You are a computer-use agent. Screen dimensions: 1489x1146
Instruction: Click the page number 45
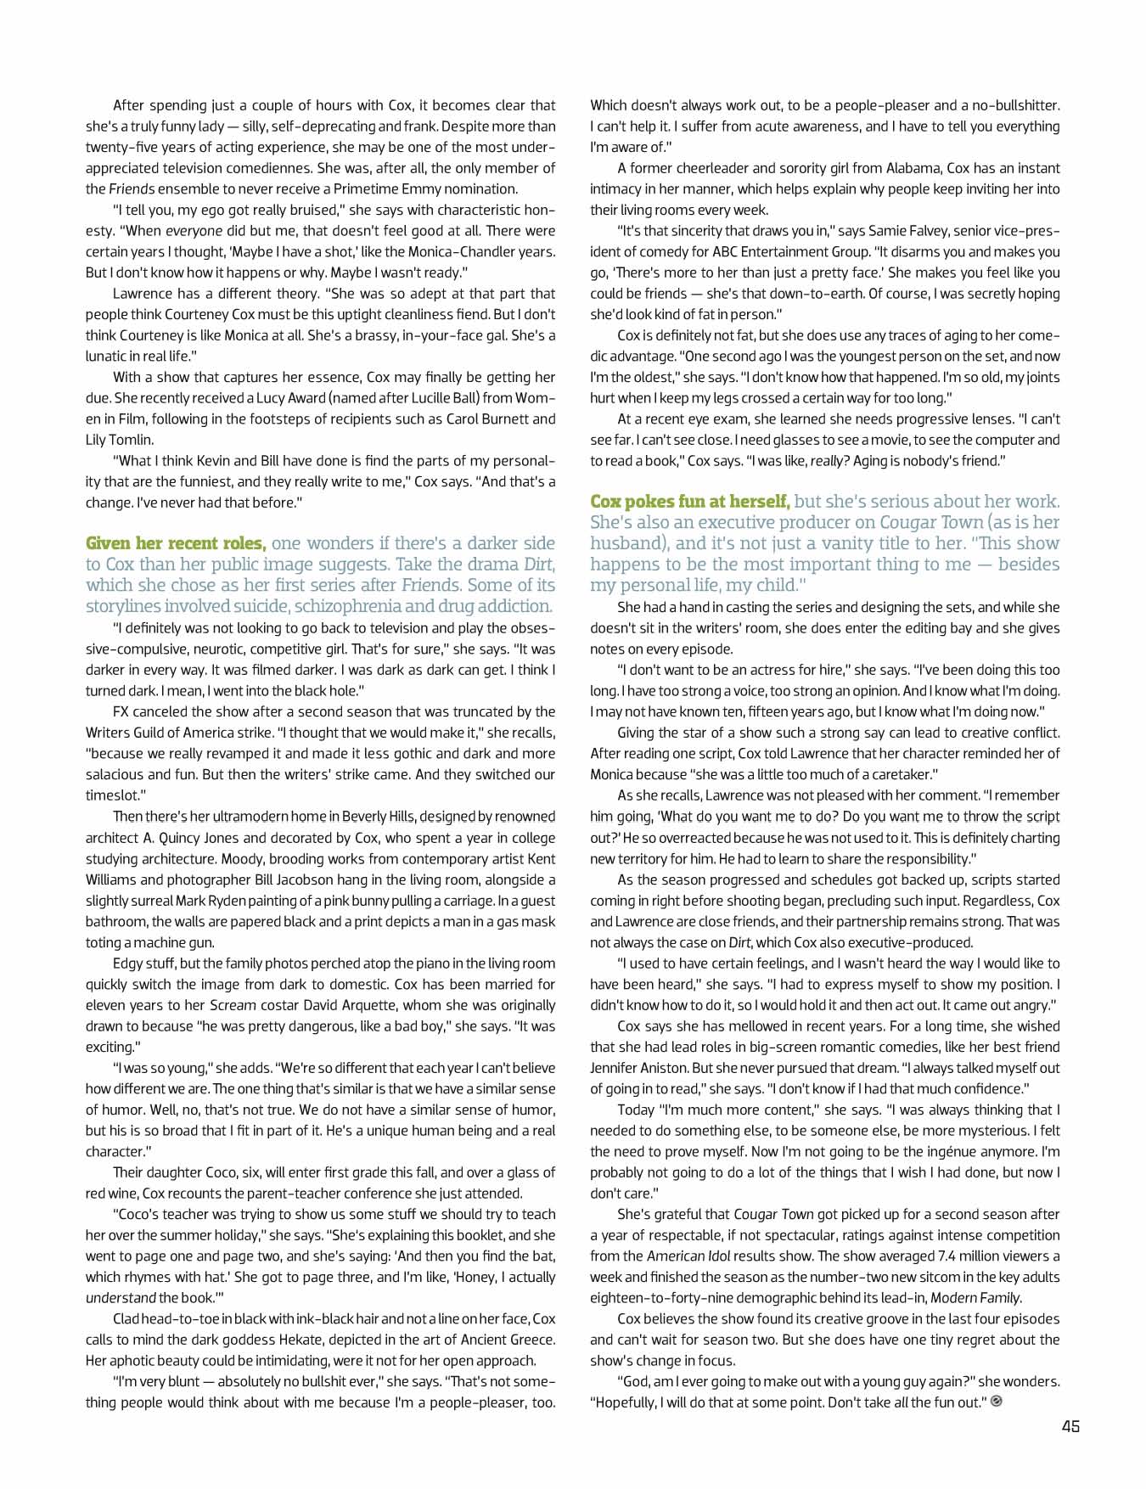pyautogui.click(x=1070, y=1426)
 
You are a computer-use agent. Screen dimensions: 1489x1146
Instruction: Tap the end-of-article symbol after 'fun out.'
pyautogui.click(x=997, y=1402)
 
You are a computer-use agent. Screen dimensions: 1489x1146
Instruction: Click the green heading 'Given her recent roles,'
pyautogui.click(x=176, y=543)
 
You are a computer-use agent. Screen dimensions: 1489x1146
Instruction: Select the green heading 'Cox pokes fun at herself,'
pyautogui.click(x=689, y=502)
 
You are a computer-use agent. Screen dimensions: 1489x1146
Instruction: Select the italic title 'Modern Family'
pyautogui.click(x=975, y=1297)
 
